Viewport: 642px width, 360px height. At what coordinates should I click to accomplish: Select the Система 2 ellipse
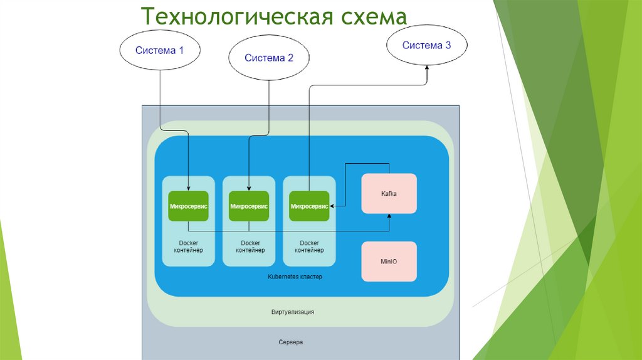point(268,58)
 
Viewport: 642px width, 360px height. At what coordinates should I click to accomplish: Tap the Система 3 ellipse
point(426,45)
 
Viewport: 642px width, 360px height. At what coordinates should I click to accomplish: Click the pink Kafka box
point(389,194)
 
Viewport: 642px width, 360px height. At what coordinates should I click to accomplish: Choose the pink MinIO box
point(389,261)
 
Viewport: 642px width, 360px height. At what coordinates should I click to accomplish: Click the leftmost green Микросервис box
point(189,206)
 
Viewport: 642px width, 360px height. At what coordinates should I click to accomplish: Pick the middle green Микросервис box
point(249,206)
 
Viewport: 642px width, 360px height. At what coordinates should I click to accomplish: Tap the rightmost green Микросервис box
point(309,206)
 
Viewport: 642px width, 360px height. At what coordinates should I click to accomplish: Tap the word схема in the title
point(374,16)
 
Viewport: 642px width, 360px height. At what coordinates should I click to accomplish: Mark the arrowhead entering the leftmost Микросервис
point(189,188)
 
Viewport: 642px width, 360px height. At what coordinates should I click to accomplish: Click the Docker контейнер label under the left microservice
point(189,246)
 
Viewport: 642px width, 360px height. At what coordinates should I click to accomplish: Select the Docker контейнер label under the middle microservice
point(250,246)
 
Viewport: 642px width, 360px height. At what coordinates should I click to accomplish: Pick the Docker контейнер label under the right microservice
point(309,246)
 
